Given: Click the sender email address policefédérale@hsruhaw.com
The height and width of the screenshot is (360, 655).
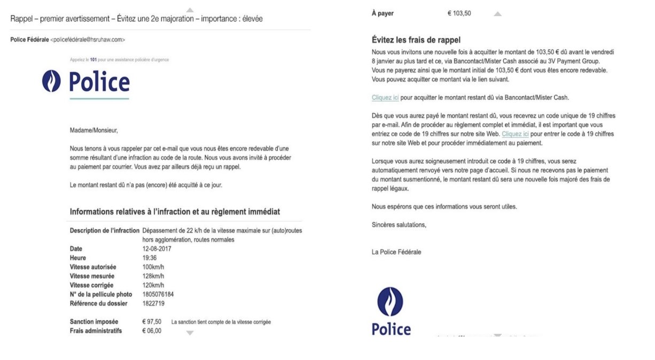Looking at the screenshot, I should point(88,40).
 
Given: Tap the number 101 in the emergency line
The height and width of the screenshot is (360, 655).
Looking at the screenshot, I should point(93,60).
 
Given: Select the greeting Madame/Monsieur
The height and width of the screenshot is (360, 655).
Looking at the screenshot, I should point(93,130).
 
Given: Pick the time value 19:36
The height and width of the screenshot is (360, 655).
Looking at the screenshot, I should point(149,258).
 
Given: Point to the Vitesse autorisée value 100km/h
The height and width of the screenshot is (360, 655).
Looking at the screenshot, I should point(153,267).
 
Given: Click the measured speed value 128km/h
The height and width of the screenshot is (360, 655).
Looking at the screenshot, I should point(153,276).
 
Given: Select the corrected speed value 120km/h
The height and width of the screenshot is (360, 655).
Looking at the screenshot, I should point(153,285).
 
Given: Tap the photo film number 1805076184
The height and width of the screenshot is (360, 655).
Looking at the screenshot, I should point(158,294).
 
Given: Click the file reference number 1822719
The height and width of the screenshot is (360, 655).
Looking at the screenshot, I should point(153,304).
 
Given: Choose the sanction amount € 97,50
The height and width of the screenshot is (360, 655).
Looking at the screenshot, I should point(152,322).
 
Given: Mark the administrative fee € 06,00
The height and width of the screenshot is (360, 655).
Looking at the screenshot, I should point(152,331).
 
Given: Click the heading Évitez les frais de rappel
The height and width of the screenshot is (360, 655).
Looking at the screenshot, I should point(416,40).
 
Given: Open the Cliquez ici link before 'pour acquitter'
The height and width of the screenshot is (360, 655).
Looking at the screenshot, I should point(385,98).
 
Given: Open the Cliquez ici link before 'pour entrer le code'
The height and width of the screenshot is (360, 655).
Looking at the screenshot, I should point(515,135).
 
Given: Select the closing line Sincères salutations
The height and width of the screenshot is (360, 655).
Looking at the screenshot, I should point(399,225).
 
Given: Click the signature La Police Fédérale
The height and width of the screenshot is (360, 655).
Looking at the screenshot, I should point(396,252).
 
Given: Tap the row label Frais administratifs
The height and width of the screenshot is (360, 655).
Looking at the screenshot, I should point(96,331).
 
